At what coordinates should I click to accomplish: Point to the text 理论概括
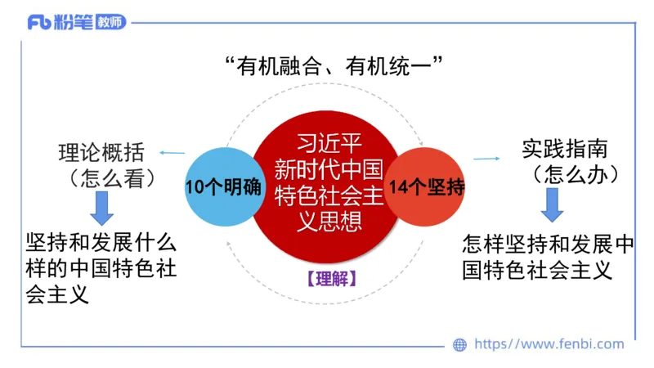click(101, 153)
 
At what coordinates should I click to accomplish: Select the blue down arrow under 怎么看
click(101, 208)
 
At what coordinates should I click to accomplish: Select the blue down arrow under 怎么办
click(552, 205)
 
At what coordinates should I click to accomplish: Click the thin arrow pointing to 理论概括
click(172, 153)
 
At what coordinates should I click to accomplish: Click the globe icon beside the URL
click(459, 345)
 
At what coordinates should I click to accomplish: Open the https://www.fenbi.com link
click(549, 344)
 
